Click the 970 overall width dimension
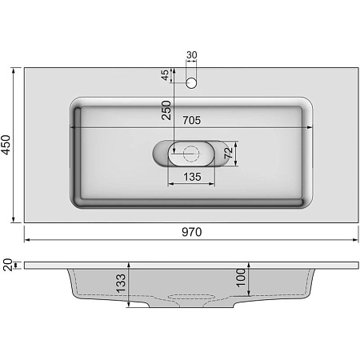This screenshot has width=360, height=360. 190,232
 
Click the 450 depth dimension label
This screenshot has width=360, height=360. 8,145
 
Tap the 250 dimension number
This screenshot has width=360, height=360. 167,110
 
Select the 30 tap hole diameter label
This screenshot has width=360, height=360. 191,55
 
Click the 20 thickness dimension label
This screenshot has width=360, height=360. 8,264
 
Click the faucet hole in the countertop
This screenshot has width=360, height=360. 191,82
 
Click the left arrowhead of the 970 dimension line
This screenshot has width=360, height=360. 26,239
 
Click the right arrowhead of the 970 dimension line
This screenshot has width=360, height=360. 355,239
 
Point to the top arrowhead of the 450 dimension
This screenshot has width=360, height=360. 14,70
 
